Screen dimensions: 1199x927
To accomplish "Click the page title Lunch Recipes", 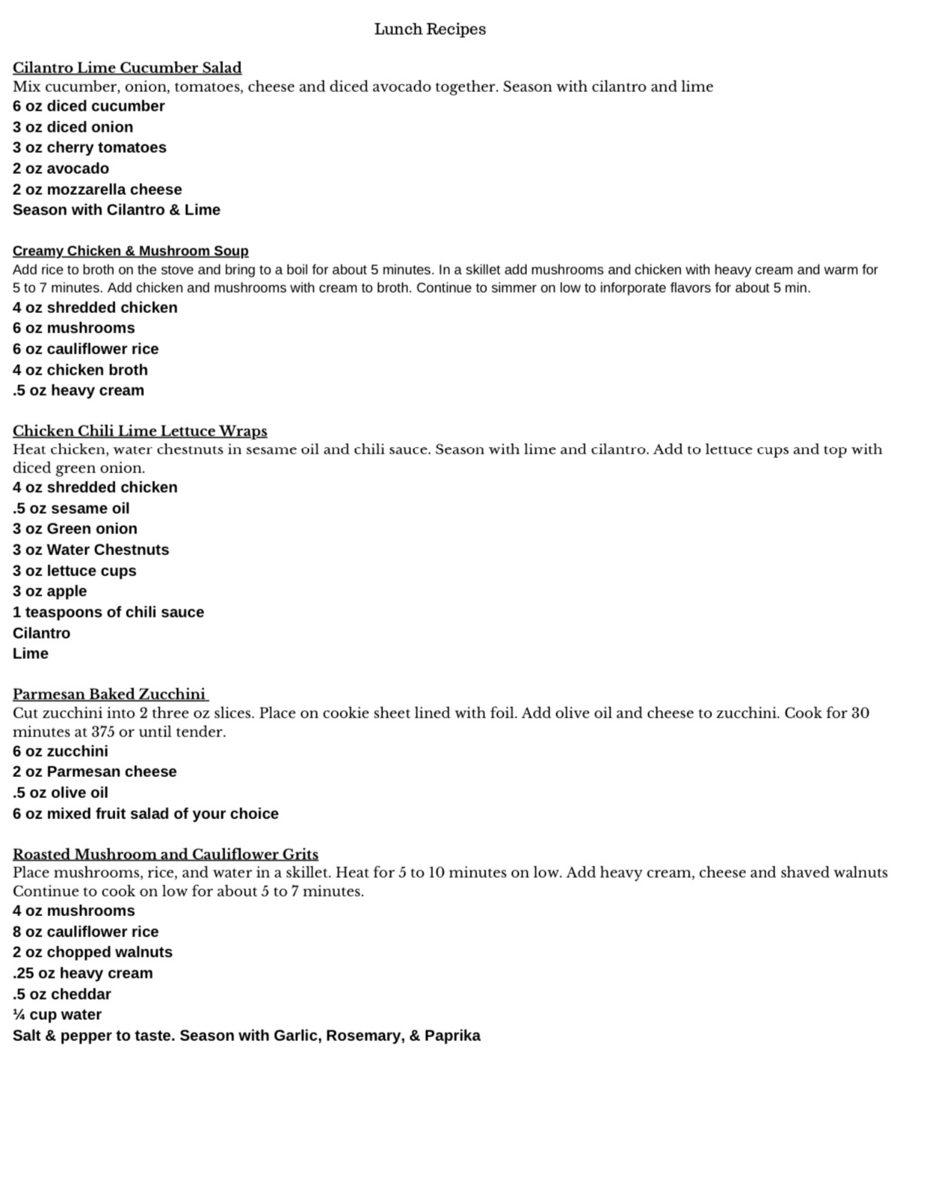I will pos(430,29).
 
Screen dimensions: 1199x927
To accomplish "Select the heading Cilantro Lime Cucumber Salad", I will pos(127,68).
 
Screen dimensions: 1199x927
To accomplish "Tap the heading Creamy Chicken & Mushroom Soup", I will pos(130,251).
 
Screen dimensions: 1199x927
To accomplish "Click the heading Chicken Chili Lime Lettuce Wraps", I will pos(140,431).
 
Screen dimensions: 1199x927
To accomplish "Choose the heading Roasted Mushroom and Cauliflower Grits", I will pos(166,854).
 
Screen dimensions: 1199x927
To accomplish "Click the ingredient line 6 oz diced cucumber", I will pos(89,106).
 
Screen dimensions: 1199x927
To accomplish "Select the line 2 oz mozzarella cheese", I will pos(97,189).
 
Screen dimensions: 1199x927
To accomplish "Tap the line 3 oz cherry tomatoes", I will pos(89,147).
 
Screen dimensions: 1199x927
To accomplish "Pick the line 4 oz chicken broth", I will pos(80,370).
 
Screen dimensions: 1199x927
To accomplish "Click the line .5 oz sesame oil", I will pos(71,508).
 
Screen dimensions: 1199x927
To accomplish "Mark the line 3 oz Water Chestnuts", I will pos(91,550).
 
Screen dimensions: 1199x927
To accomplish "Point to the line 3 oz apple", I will pos(50,591).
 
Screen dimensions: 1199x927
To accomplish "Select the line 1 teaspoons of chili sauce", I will pos(108,612).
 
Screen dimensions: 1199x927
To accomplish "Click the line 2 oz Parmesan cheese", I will pos(95,772).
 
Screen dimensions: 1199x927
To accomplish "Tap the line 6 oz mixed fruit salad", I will pos(146,814).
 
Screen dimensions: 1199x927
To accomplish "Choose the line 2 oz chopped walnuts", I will pos(92,952).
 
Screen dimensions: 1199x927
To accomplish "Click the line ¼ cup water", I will pos(57,1014).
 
